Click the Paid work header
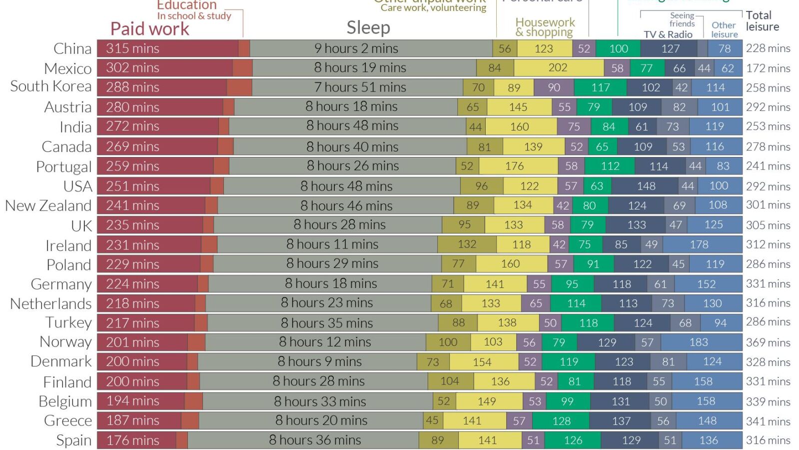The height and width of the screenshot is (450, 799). click(x=149, y=29)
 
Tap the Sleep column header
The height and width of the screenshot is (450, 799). click(x=368, y=27)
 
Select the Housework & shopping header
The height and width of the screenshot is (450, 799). click(x=545, y=27)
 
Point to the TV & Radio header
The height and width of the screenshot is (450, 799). click(x=668, y=34)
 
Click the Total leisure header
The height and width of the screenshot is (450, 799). click(x=762, y=21)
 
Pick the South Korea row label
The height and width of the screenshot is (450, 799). click(x=50, y=86)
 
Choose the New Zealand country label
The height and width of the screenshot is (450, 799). click(x=48, y=205)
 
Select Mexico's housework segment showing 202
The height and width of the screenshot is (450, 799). click(x=558, y=67)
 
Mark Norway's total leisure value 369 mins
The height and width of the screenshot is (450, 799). click(x=768, y=342)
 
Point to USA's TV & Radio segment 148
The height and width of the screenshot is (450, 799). click(x=646, y=186)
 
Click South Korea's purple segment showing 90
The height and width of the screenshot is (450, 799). click(x=554, y=87)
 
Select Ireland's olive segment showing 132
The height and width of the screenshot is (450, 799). click(x=467, y=244)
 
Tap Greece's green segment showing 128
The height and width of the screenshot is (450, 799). click(x=561, y=421)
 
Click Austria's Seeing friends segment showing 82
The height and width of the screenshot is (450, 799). click(x=679, y=107)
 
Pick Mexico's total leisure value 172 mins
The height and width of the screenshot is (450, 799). click(x=768, y=68)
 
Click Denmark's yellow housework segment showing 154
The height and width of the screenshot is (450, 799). click(x=483, y=362)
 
